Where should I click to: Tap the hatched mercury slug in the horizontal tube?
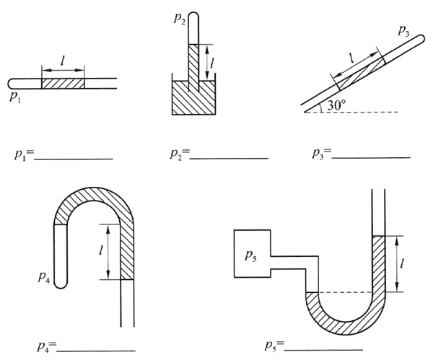(63, 83)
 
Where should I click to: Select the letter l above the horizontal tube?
(64, 62)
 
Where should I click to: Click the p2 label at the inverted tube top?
(179, 19)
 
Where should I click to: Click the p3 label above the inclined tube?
(403, 32)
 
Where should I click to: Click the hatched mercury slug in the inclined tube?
(359, 74)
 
